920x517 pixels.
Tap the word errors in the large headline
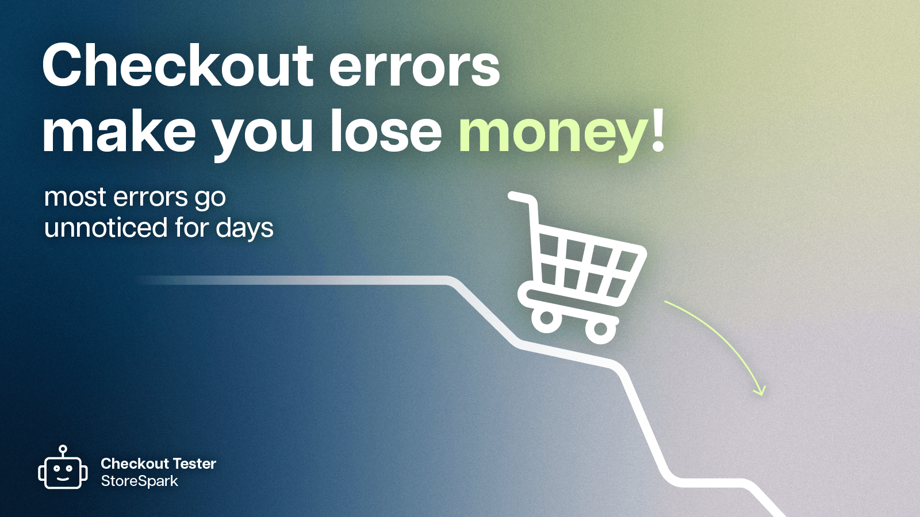pyautogui.click(x=414, y=68)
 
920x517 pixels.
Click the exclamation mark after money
pyautogui.click(x=659, y=130)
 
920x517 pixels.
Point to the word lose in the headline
pyautogui.click(x=386, y=132)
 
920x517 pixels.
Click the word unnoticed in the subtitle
pyautogui.click(x=106, y=227)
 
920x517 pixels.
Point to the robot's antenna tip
pyautogui.click(x=63, y=449)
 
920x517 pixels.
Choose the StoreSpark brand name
pyautogui.click(x=140, y=481)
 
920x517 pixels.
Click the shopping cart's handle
pyautogui.click(x=520, y=198)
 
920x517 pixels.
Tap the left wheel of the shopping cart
pyautogui.click(x=546, y=318)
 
